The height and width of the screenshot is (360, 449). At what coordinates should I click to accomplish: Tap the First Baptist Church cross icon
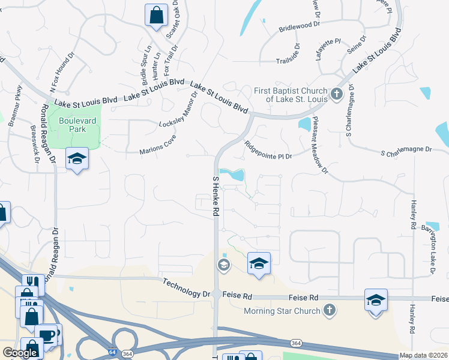(x=336, y=94)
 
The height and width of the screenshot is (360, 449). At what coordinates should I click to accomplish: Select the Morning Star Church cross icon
(x=328, y=310)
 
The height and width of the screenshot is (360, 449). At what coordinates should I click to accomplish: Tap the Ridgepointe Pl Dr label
(x=268, y=150)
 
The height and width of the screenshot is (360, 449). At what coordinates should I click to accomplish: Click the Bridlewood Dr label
(x=302, y=28)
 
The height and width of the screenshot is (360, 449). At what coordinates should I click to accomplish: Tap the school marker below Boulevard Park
(x=77, y=158)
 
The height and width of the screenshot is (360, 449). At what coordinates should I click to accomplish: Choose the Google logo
(x=20, y=353)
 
